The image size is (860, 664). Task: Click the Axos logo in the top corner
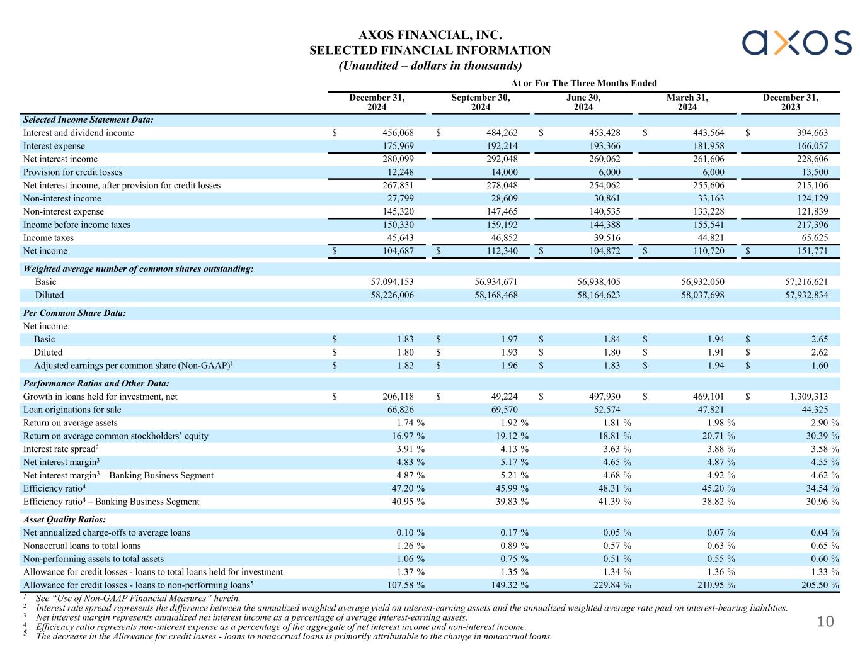tap(796, 43)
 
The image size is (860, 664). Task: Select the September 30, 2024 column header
tap(480, 102)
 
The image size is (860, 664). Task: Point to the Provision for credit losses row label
tap(73, 172)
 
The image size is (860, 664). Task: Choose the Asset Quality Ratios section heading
tap(64, 520)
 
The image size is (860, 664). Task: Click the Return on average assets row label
tap(71, 423)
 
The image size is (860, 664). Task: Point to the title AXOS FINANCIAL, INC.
tap(430, 36)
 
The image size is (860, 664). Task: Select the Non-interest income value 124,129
tap(809, 198)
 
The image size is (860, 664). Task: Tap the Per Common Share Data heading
tap(74, 313)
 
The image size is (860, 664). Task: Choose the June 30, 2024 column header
tap(583, 102)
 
